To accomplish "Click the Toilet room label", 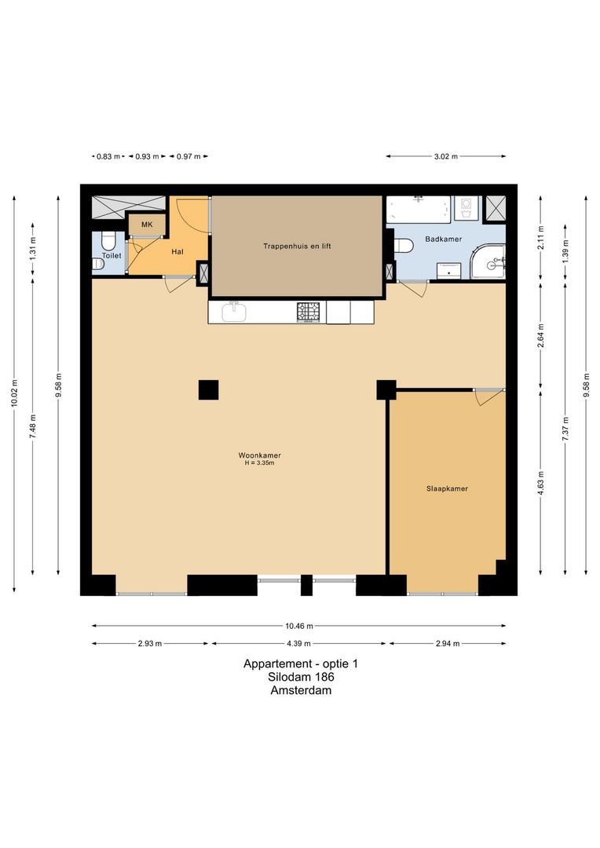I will pyautogui.click(x=111, y=256).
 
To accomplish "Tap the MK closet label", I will pyautogui.click(x=147, y=225).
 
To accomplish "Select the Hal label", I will pyautogui.click(x=177, y=252).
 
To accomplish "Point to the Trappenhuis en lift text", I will pyautogui.click(x=297, y=246).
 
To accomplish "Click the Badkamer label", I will pyautogui.click(x=443, y=239).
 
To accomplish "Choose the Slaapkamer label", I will pyautogui.click(x=447, y=488).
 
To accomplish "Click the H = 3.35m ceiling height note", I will pyautogui.click(x=259, y=463).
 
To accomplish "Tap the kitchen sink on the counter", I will pyautogui.click(x=233, y=312).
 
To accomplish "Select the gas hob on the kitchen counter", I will pyautogui.click(x=309, y=312).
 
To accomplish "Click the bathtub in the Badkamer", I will pyautogui.click(x=418, y=210).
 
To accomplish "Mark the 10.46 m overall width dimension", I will pyautogui.click(x=299, y=626).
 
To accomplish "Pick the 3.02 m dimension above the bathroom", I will pyautogui.click(x=445, y=156).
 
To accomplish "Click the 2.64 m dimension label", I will pyautogui.click(x=541, y=335).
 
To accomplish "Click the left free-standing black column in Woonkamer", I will pyautogui.click(x=208, y=389).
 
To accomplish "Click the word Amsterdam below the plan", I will pyautogui.click(x=301, y=691).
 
